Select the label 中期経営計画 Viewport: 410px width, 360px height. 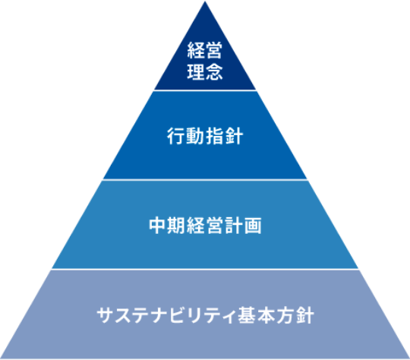205,226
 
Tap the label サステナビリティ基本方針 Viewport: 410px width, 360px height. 205,314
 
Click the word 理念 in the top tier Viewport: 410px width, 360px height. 205,74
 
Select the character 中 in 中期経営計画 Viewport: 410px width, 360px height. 157,226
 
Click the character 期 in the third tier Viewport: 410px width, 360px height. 176,226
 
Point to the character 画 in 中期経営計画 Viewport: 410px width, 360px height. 254,226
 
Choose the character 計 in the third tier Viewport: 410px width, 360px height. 234,226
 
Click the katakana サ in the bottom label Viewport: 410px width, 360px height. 106,314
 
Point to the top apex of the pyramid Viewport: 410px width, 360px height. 205,2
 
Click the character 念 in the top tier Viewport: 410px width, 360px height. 214,74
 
